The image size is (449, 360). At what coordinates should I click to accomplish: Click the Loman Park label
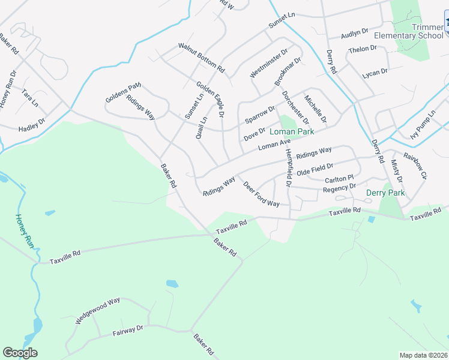[x=292, y=131]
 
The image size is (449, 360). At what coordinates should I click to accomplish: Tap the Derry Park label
[x=385, y=193]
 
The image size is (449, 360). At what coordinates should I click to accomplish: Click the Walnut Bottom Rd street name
[x=201, y=57]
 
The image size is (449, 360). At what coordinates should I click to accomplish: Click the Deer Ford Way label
[x=262, y=194]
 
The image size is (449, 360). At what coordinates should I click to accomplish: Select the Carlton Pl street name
[x=340, y=179]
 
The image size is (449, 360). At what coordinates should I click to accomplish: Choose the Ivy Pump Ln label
[x=423, y=125]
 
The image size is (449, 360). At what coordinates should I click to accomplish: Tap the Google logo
[x=20, y=353]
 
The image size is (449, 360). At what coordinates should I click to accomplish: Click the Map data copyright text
[x=424, y=355]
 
